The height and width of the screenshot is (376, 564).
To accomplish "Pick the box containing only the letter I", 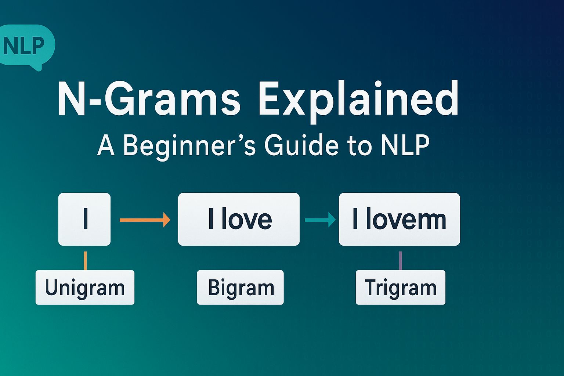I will point(84,219).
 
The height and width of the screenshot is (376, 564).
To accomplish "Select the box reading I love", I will point(239,219).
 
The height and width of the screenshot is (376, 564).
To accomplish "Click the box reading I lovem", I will point(399,219).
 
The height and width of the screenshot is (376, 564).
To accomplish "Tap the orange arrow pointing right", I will point(145,220).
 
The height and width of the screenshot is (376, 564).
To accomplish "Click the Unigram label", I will point(85,288).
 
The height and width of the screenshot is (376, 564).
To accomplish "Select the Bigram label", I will point(241,288).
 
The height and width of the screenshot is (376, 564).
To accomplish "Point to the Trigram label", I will point(400,288).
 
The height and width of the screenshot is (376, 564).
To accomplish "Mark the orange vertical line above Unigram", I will point(85,261).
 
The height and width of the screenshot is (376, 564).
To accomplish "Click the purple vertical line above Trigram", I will point(400,261).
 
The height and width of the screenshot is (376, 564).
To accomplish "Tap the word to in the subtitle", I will point(360,146).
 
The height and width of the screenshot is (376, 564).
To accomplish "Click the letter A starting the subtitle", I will point(106,146).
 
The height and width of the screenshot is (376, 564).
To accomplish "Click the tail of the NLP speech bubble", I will point(37,67).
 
